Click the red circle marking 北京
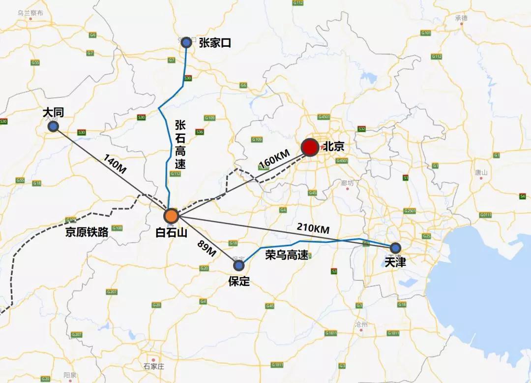pos(310,147)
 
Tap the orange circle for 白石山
pos(171,216)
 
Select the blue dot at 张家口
pos(186,43)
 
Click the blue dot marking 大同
pos(54,127)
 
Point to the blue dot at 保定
pos(239,266)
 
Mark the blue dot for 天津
pos(395,248)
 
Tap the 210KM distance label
pos(313,228)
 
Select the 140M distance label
pos(115,164)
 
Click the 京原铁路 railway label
pos(87,232)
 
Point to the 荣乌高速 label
pos(287,255)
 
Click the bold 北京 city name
pos(333,147)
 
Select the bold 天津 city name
pos(395,262)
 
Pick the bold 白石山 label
pos(171,233)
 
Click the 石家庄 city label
pos(153,366)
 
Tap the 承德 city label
pos(461,18)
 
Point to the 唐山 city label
pos(481,172)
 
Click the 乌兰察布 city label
pos(30,13)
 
